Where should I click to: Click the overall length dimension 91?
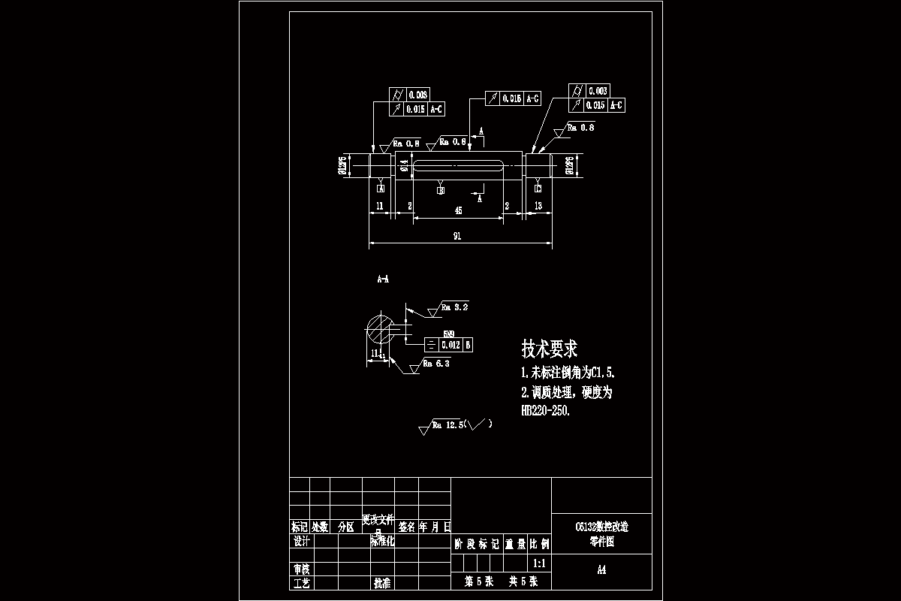coord(457,236)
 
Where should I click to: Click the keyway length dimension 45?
coord(458,212)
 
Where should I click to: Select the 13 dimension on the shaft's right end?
coord(538,205)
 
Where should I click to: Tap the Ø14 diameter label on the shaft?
coord(404,165)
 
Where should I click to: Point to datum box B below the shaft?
coord(441,190)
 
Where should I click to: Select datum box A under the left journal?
coord(381,188)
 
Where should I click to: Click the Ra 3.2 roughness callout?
coord(454,307)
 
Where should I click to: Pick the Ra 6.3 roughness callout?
coord(436,364)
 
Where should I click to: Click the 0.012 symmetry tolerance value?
coord(450,345)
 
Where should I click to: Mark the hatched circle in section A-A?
coord(380,331)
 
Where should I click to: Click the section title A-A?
coord(383,279)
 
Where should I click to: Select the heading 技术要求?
coord(550,349)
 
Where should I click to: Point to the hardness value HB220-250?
coord(546,411)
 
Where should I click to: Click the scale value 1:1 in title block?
coord(538,563)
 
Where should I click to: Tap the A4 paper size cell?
coord(601,570)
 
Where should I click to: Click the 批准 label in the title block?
coord(381,583)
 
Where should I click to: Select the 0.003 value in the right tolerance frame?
coord(598,91)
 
